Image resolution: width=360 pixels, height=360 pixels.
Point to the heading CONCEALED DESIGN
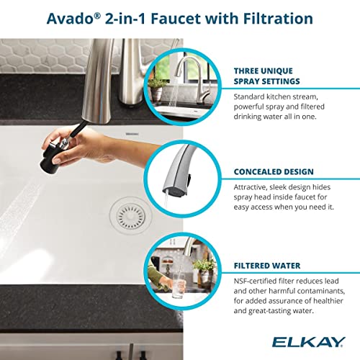click(273, 172)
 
